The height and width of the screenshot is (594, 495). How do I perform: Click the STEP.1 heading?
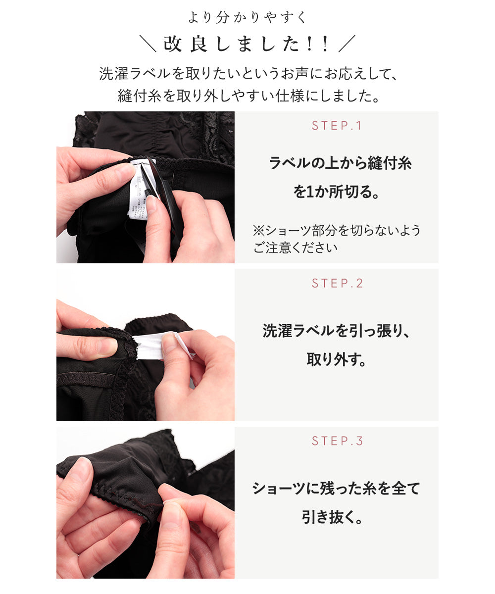pyautogui.click(x=336, y=125)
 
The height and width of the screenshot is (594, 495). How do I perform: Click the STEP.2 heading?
pyautogui.click(x=337, y=283)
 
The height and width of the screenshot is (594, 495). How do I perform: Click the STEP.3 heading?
pyautogui.click(x=337, y=441)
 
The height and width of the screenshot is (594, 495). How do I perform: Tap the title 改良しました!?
pyautogui.click(x=247, y=44)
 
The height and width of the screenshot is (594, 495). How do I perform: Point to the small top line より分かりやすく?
pyautogui.click(x=247, y=17)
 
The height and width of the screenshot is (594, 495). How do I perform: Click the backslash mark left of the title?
pyautogui.click(x=148, y=44)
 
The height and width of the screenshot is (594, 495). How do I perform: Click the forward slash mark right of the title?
pyautogui.click(x=347, y=44)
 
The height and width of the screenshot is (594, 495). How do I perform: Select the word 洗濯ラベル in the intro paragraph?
pyautogui.click(x=135, y=74)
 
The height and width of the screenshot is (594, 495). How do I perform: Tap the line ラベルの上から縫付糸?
pyautogui.click(x=340, y=163)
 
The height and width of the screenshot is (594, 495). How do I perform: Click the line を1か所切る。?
pyautogui.click(x=337, y=192)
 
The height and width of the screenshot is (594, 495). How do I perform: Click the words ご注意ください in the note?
pyautogui.click(x=295, y=247)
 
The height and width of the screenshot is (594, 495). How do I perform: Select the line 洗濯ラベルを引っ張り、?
pyautogui.click(x=336, y=331)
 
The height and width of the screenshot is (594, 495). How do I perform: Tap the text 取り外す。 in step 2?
pyautogui.click(x=337, y=359)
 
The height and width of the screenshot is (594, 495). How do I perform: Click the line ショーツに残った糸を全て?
pyautogui.click(x=336, y=489)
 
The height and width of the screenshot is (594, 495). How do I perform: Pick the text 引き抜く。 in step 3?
pyautogui.click(x=332, y=517)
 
